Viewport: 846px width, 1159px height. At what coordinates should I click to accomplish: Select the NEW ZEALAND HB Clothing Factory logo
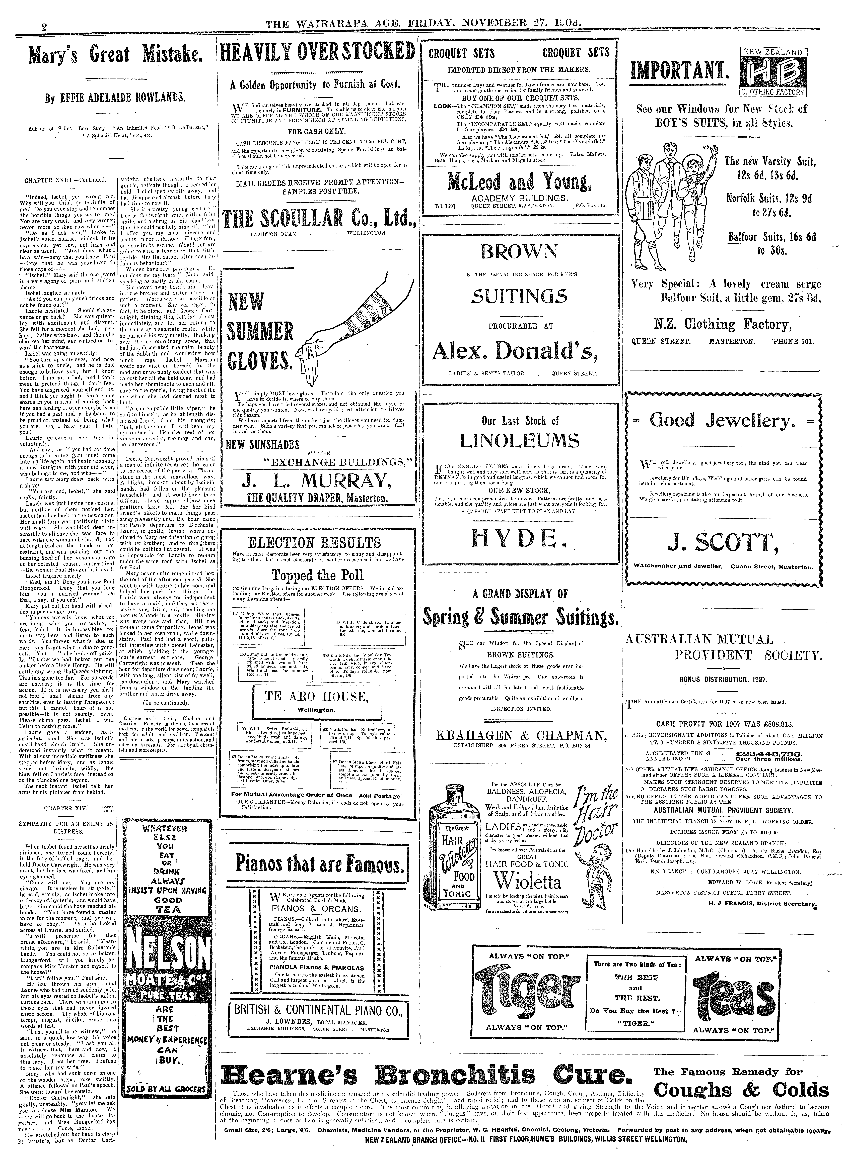pyautogui.click(x=773, y=72)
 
